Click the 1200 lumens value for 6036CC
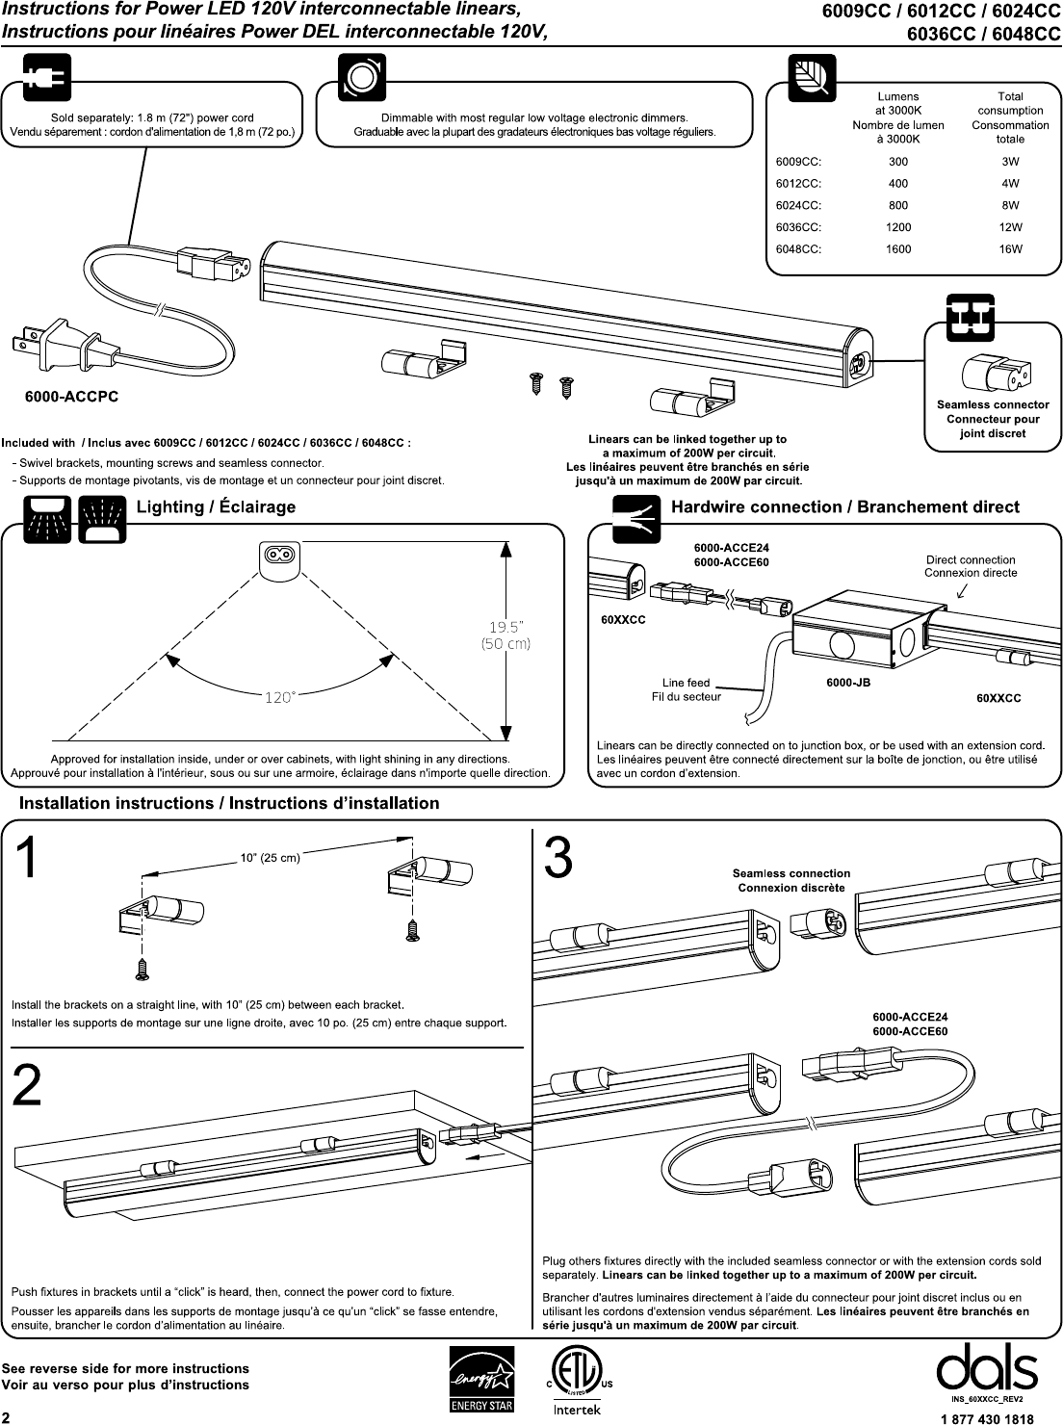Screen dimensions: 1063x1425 (x=898, y=227)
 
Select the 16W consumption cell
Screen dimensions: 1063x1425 (x=1010, y=249)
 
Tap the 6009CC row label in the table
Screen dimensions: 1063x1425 (x=798, y=162)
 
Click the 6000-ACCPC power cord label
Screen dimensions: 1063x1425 (x=72, y=397)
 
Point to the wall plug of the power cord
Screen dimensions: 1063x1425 (x=62, y=344)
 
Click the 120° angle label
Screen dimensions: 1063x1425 (x=279, y=697)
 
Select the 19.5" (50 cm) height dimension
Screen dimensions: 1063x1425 (x=506, y=635)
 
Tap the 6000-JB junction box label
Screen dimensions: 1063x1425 (x=848, y=683)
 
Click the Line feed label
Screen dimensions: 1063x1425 (x=686, y=683)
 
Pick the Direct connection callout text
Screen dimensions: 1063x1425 (x=971, y=566)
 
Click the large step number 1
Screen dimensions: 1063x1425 (x=27, y=858)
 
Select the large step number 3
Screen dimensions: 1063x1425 (x=558, y=857)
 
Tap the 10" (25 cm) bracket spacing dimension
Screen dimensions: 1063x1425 (x=270, y=858)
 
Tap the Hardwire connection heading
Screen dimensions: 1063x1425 (x=845, y=507)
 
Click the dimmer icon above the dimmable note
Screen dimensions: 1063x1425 (x=362, y=77)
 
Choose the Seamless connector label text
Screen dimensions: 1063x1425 (x=993, y=404)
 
